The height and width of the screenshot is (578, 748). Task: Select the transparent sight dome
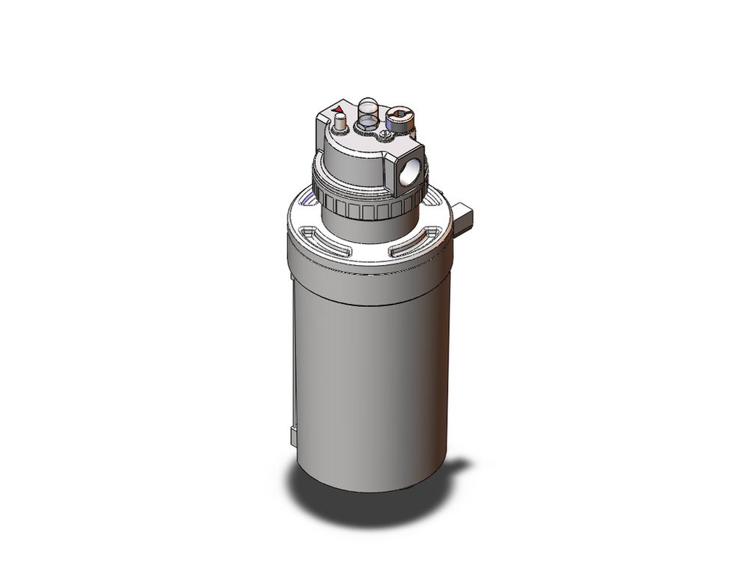coord(367,110)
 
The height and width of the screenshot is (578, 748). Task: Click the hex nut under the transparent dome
coord(367,127)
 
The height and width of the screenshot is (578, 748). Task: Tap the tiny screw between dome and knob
coord(382,134)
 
